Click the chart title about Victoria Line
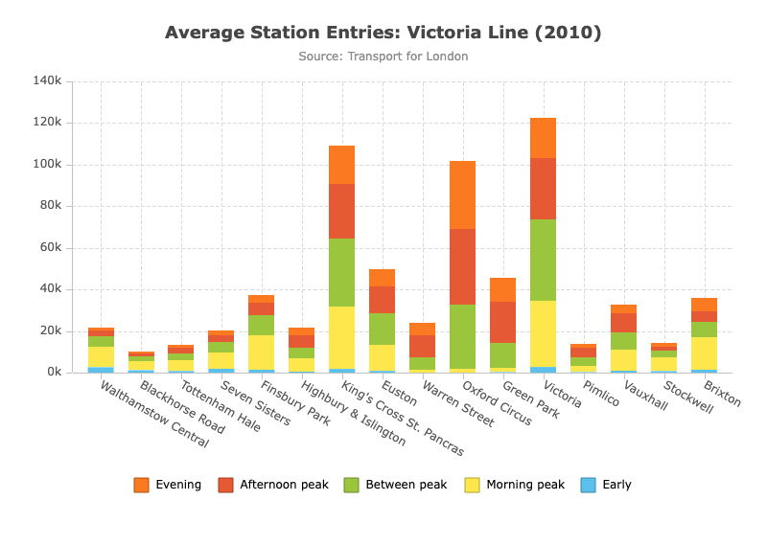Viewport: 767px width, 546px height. point(383,33)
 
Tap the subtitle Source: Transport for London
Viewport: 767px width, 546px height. point(383,57)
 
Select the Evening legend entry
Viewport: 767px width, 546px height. point(167,485)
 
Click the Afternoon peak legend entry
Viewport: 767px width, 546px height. point(273,485)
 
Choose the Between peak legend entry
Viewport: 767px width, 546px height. point(395,485)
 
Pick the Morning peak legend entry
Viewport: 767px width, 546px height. point(515,485)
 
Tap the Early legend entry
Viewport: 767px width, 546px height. point(606,485)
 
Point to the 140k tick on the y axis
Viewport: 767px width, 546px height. point(47,80)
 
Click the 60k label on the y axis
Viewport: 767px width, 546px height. point(51,248)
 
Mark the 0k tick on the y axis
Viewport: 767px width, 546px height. point(55,373)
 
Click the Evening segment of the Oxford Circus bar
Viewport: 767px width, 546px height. point(462,195)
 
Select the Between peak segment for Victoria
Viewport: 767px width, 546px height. point(543,260)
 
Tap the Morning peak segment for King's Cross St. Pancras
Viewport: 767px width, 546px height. point(342,338)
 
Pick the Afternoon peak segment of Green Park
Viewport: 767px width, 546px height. point(502,322)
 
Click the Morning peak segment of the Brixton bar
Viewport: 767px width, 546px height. point(704,353)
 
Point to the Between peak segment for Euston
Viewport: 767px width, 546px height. point(382,329)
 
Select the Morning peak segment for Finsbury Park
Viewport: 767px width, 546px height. point(262,353)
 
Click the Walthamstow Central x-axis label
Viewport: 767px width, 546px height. point(154,415)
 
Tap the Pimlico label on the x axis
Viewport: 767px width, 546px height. point(601,394)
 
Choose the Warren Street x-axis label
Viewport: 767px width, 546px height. point(458,404)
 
